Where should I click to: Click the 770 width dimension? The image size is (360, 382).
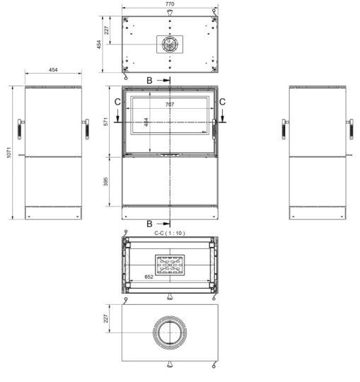170,4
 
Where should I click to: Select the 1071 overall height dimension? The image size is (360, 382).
8,152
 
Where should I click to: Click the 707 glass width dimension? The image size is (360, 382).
170,105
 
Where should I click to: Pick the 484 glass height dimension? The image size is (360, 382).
147,122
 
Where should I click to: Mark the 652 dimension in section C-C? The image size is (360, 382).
149,277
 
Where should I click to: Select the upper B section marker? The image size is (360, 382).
150,81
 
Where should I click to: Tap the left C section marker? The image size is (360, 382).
117,103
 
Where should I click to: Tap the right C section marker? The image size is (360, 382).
223,103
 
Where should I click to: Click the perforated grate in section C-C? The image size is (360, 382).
170,266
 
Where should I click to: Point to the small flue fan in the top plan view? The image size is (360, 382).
169,44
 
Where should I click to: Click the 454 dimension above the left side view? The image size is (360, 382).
53,71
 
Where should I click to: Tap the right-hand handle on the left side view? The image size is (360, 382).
86,129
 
